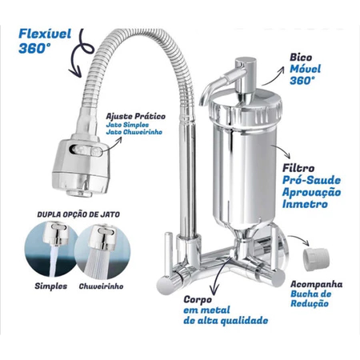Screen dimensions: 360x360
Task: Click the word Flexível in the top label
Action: tap(45, 34)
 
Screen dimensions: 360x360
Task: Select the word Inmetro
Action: tap(305, 204)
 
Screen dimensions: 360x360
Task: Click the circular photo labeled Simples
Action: tap(51, 250)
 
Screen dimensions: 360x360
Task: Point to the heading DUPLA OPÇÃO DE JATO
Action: tap(78, 214)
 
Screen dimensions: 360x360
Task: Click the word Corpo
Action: tap(198, 299)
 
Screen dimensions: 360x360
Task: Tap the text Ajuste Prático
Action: tap(136, 116)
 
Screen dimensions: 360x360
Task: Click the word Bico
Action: tap(301, 58)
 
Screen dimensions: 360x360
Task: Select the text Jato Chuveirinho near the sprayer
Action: tap(134, 132)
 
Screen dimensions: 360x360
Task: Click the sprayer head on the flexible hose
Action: tap(81, 167)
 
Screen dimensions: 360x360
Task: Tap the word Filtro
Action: tap(298, 168)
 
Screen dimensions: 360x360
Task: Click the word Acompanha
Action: tap(317, 285)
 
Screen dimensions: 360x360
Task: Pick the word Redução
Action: tap(310, 303)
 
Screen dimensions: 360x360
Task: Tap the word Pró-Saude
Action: tap(311, 180)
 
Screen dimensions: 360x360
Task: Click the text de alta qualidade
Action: tap(226, 320)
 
